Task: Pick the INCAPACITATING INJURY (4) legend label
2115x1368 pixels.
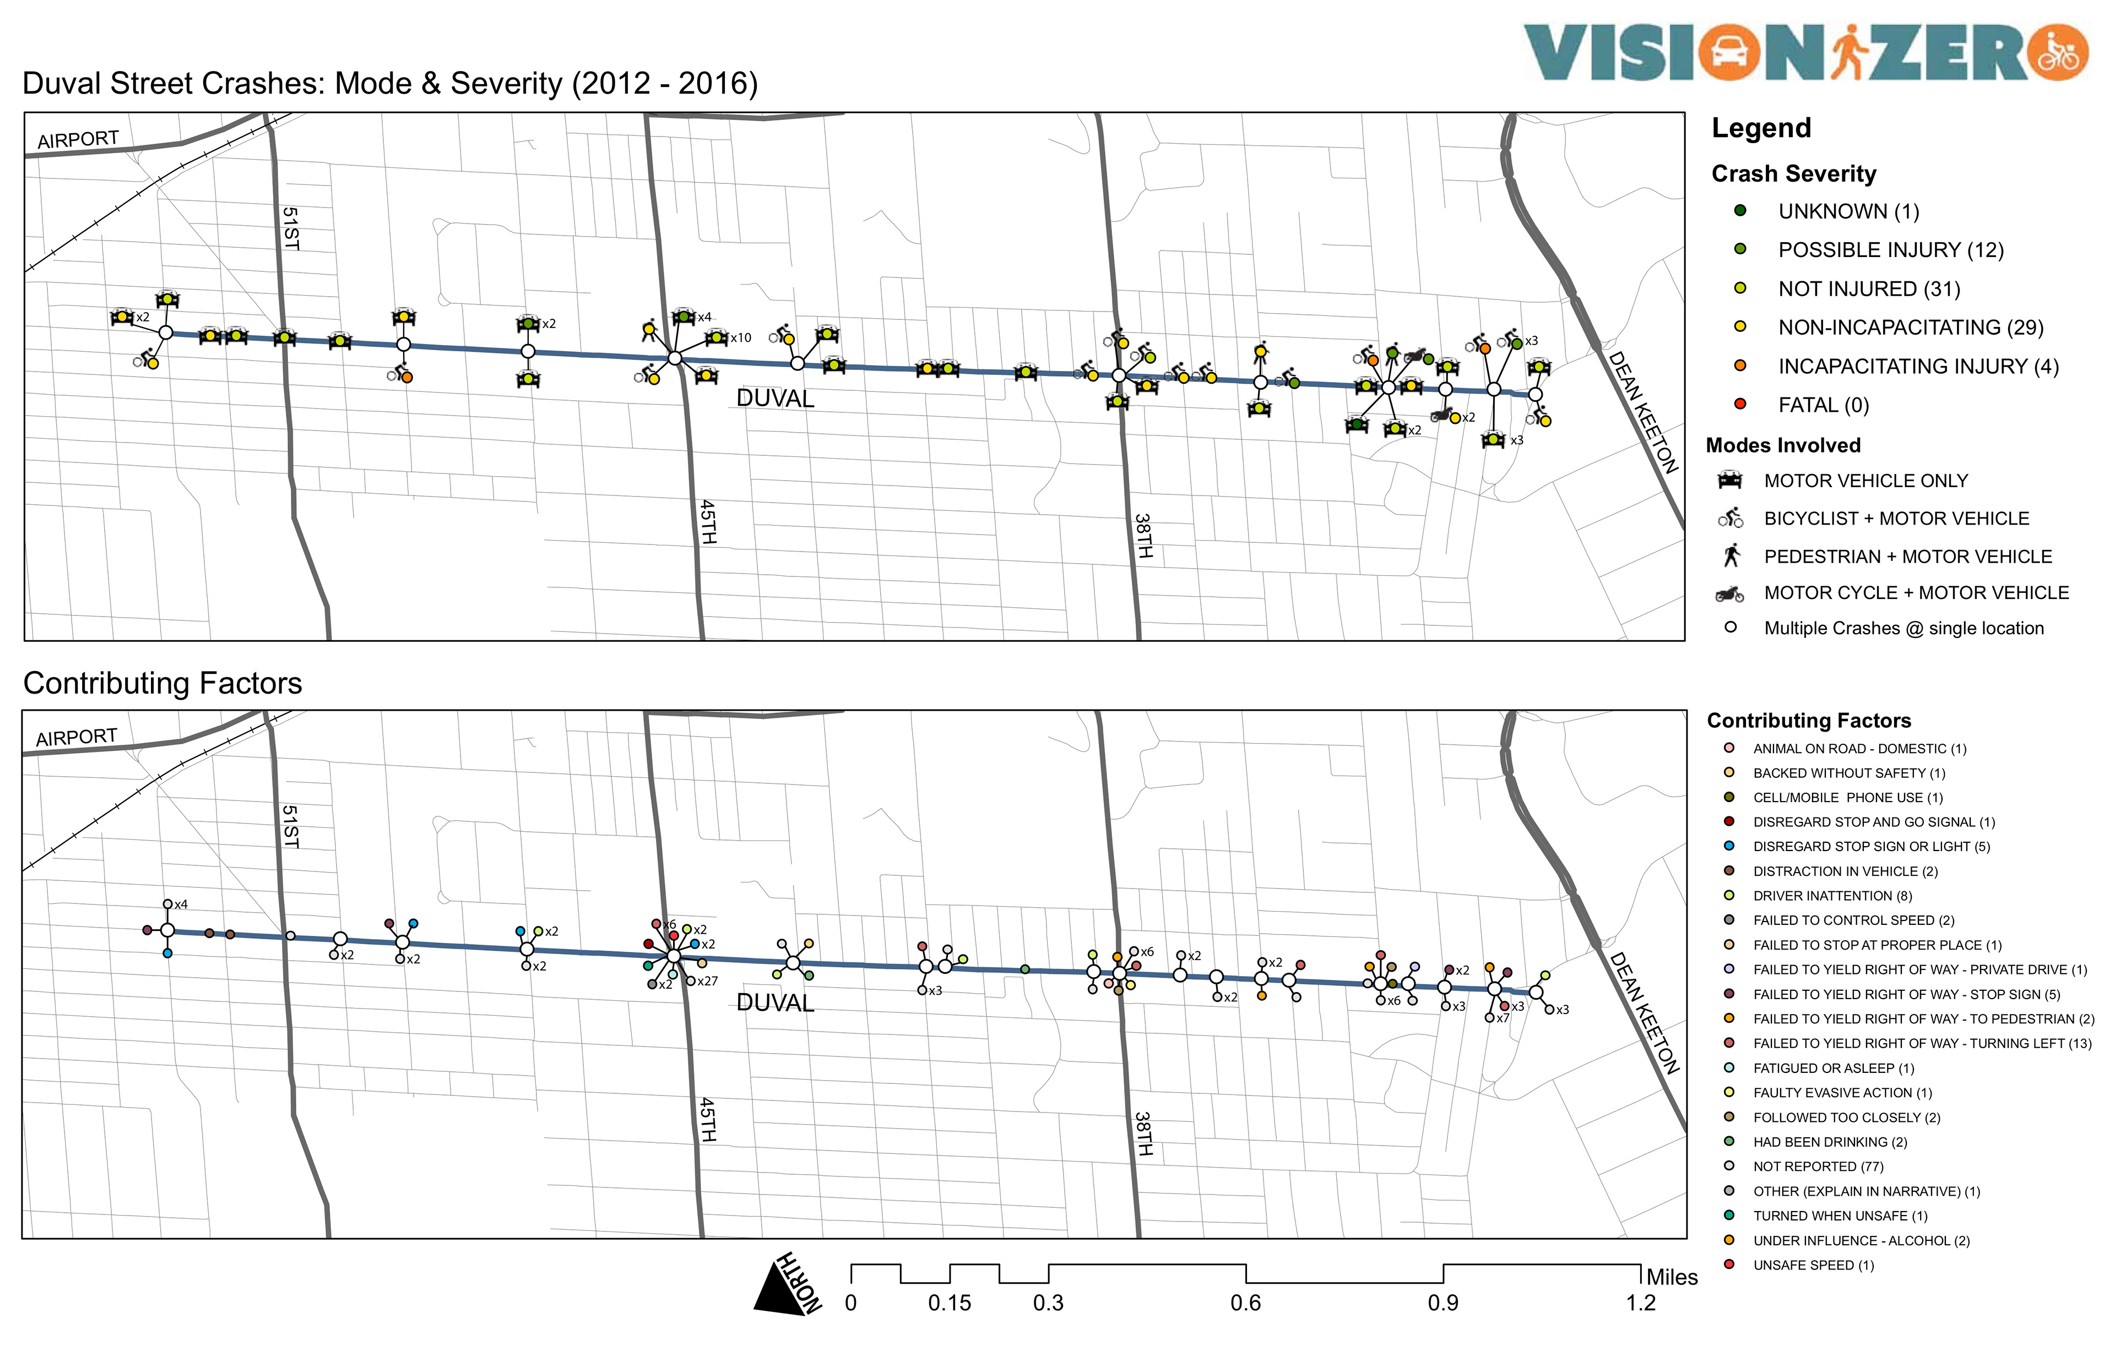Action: tap(1918, 366)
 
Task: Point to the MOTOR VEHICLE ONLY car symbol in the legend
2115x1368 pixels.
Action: tap(1729, 481)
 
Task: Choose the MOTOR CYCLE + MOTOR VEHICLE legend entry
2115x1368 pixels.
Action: tap(1916, 592)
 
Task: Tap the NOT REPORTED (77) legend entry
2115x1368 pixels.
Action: tap(1817, 1167)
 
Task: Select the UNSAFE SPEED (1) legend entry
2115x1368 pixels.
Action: tap(1813, 1265)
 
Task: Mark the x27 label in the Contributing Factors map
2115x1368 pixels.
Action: tap(707, 982)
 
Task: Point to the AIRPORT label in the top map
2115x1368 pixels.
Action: tap(78, 139)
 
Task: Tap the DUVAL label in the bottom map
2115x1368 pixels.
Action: tap(775, 1003)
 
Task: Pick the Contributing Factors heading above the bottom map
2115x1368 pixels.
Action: tap(162, 683)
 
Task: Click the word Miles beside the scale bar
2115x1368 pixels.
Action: tap(1672, 1277)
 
